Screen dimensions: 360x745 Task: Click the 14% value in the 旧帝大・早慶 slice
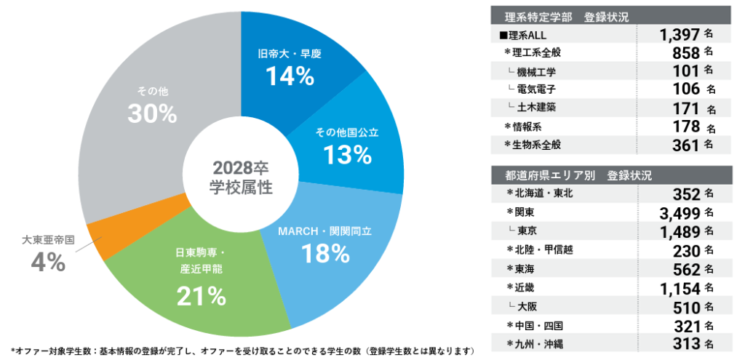point(290,76)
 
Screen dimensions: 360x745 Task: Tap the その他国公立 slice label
point(346,133)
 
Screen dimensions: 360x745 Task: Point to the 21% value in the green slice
point(202,295)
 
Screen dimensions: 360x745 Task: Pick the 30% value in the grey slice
point(152,113)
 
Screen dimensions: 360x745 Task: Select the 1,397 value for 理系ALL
point(680,34)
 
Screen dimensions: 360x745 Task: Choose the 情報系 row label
point(527,127)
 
